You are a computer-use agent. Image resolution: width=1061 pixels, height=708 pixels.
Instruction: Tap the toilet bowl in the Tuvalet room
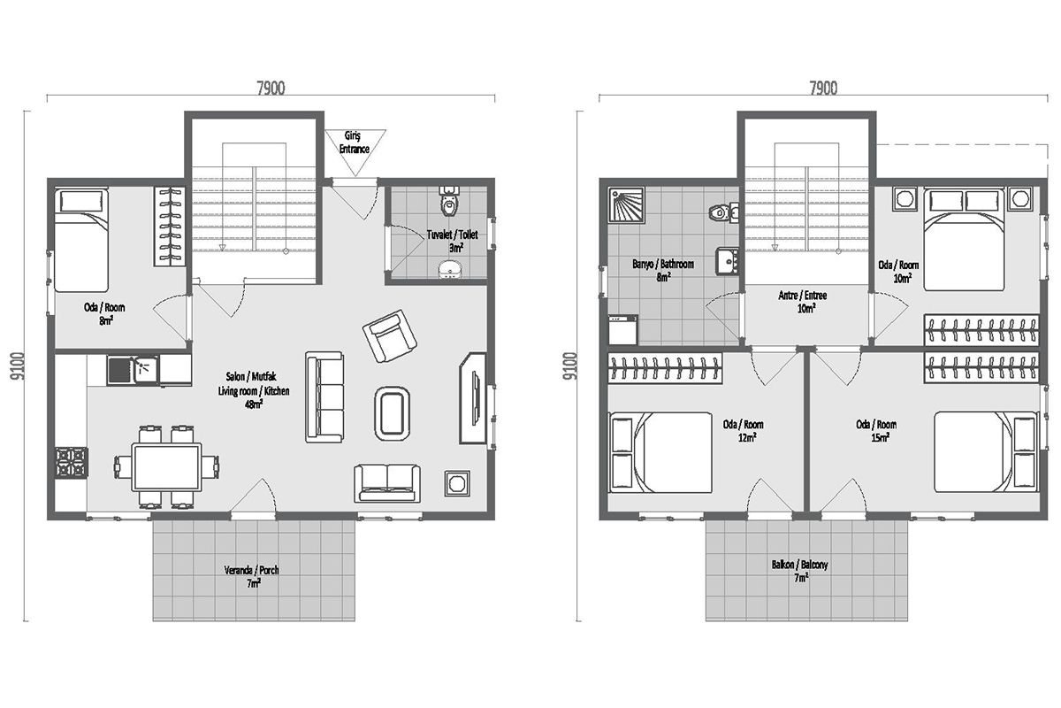point(449,201)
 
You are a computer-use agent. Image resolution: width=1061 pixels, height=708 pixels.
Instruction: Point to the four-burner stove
point(72,462)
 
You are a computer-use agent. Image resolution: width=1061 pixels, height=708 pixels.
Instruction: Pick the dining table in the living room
point(166,467)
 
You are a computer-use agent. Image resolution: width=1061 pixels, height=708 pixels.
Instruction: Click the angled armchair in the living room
point(390,335)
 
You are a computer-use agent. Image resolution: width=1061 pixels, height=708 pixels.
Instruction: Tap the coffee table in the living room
point(392,413)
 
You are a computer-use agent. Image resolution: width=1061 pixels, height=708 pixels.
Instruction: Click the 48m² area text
point(254,404)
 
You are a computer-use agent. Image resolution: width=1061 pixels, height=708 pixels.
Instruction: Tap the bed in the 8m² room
point(81,240)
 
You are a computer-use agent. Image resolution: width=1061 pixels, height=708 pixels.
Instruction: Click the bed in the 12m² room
point(660,452)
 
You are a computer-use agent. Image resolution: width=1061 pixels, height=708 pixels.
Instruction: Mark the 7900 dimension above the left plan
point(271,88)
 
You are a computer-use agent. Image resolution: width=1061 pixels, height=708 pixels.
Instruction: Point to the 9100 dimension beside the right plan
point(571,366)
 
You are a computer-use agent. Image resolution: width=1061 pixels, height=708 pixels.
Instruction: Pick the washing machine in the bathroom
point(622,330)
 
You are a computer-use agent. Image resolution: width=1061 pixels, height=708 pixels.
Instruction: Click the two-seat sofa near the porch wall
point(387,483)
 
